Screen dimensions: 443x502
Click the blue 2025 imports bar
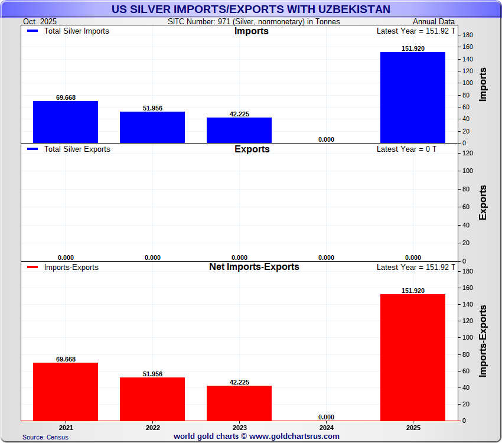[412, 97]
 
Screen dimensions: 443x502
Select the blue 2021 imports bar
[66, 122]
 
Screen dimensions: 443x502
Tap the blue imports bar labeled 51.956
[152, 127]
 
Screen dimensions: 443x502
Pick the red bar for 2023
[239, 403]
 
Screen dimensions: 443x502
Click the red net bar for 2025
[412, 357]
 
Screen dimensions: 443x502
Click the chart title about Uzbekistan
[251, 9]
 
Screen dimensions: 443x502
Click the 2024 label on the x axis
[326, 427]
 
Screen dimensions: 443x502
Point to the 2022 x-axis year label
[152, 427]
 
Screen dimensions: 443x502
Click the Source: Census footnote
[45, 437]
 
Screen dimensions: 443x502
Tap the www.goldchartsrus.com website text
[294, 437]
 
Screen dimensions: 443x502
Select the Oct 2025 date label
[40, 21]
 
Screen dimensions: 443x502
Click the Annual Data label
[434, 21]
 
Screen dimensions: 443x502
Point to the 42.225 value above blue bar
[239, 114]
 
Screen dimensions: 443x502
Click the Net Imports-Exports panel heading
[254, 267]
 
